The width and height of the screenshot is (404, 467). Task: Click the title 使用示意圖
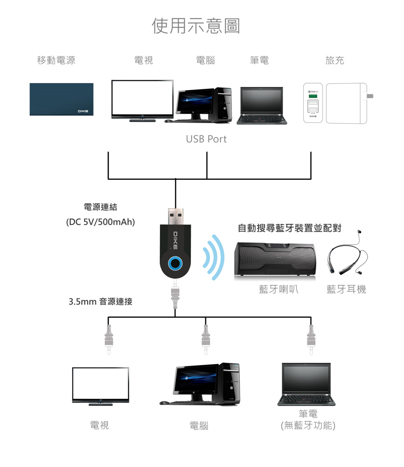[196, 26]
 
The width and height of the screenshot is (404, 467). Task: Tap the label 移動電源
[56, 60]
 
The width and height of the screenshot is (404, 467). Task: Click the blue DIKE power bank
[61, 99]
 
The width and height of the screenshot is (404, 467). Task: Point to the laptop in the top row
[261, 106]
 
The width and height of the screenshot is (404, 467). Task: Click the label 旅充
[334, 60]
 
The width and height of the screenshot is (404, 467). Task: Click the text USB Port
[206, 139]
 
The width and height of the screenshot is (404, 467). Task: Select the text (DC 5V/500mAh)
[101, 222]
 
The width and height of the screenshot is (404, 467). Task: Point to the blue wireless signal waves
[213, 257]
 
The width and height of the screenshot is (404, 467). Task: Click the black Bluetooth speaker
[275, 260]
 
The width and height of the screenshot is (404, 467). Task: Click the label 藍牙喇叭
[279, 290]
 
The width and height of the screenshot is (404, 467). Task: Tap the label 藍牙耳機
[346, 290]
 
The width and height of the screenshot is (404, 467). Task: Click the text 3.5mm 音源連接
[101, 302]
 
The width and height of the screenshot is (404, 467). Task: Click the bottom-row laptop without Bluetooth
[306, 384]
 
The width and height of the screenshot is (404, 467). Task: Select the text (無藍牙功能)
[308, 425]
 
